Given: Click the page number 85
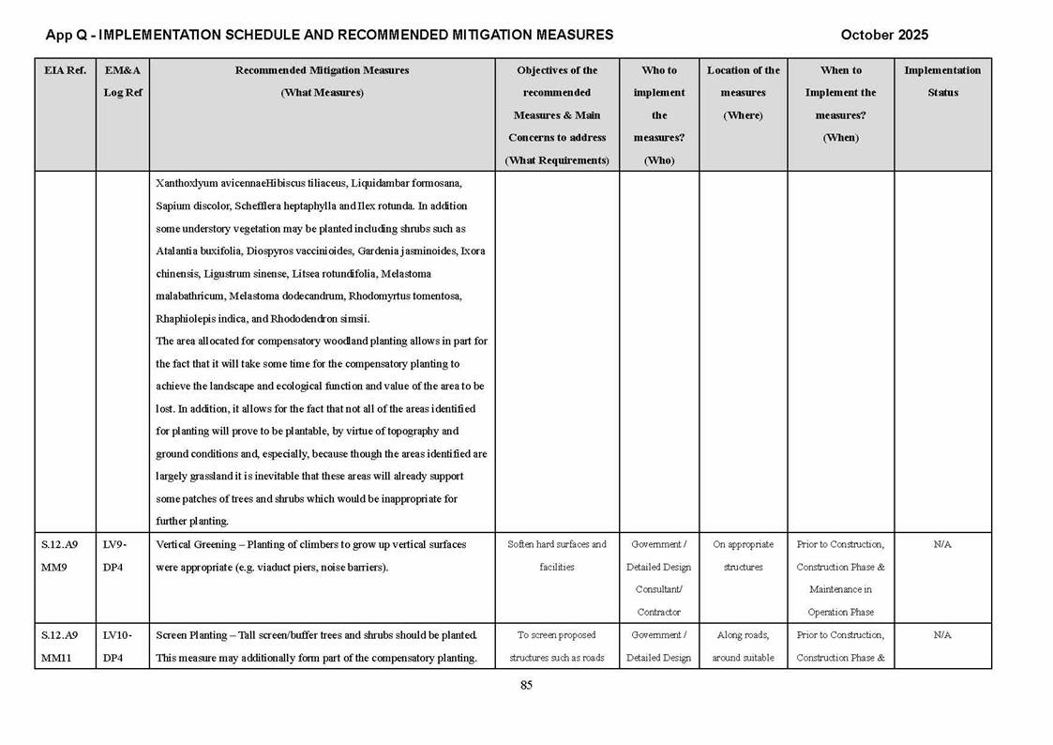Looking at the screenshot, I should coord(526,685).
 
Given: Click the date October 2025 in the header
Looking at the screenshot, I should coord(884,35).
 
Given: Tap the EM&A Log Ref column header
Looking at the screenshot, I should coord(122,82).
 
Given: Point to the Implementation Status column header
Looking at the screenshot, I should coord(941,82).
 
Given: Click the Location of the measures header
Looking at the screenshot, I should coord(743,92).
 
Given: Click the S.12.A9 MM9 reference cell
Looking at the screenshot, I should coord(59,555).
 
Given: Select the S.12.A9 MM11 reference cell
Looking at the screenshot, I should coord(61,646).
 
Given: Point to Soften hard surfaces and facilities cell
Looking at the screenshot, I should coord(557,555).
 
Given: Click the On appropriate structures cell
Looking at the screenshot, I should coord(743,555).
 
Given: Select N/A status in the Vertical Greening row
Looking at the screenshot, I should coord(942,544).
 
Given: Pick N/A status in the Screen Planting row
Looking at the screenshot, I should coord(942,635).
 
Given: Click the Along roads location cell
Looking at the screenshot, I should coord(743,646).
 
